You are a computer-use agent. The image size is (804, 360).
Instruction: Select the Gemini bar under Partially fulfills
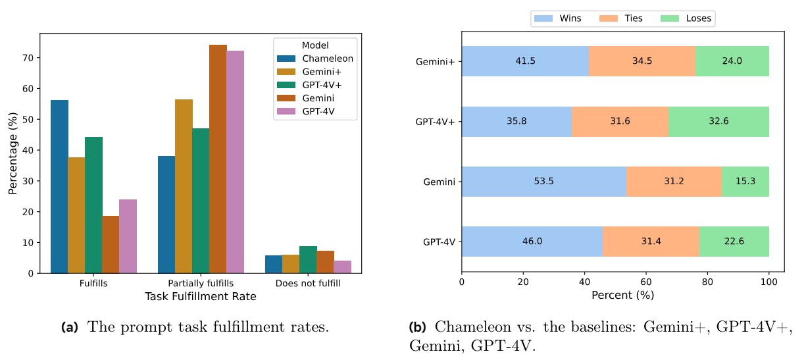click(x=218, y=159)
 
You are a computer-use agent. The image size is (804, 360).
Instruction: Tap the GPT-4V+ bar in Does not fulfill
click(x=307, y=259)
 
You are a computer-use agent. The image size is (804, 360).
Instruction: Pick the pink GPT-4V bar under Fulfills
click(x=128, y=236)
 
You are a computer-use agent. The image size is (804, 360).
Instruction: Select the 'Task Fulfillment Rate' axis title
click(x=201, y=297)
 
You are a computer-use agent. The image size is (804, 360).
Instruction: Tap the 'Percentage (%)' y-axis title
click(x=13, y=153)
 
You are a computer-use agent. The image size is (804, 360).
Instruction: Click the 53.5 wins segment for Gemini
click(x=544, y=182)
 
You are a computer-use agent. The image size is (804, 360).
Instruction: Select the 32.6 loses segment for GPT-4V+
click(x=718, y=122)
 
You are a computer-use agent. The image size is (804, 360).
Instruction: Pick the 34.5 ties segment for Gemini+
click(x=641, y=62)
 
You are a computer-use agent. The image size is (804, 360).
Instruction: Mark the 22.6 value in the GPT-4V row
click(x=734, y=242)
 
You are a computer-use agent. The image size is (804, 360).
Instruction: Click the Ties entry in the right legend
click(x=621, y=18)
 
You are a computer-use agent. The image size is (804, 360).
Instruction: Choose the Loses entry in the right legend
click(x=687, y=18)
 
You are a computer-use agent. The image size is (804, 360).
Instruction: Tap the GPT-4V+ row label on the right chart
click(x=437, y=122)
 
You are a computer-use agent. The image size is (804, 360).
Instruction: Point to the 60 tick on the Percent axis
click(x=646, y=282)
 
